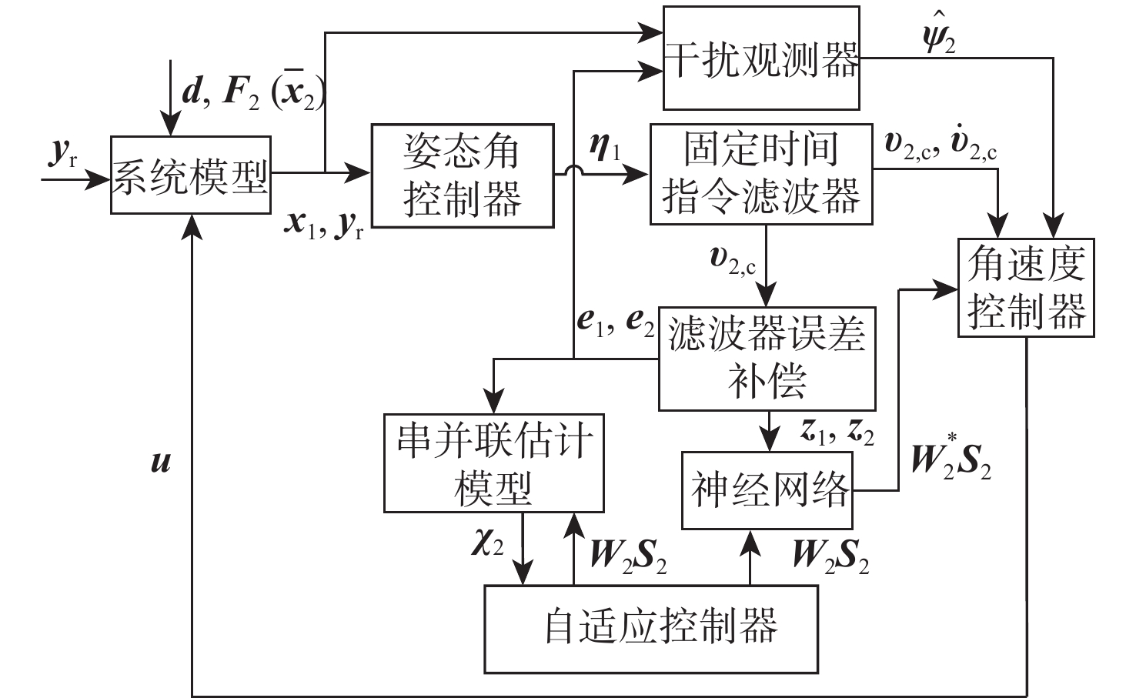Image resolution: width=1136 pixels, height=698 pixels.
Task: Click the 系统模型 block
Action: coord(190,175)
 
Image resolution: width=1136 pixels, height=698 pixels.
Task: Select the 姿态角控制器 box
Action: coord(462,175)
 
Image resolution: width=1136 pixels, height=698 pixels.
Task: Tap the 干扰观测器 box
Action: coord(761,58)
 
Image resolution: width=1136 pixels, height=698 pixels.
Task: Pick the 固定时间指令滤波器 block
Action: coord(760,174)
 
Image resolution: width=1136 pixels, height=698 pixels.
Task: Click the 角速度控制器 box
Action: coord(1025,287)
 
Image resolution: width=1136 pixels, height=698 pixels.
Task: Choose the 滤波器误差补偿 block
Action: coord(767,359)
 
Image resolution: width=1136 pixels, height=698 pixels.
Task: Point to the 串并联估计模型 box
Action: coord(493,463)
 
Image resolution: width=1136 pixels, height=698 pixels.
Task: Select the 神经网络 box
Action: coord(767,490)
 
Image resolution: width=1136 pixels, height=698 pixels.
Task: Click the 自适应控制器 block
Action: coord(650,628)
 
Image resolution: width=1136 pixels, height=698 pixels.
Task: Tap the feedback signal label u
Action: coord(161,462)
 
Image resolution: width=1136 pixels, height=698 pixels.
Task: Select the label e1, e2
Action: coord(616,322)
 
